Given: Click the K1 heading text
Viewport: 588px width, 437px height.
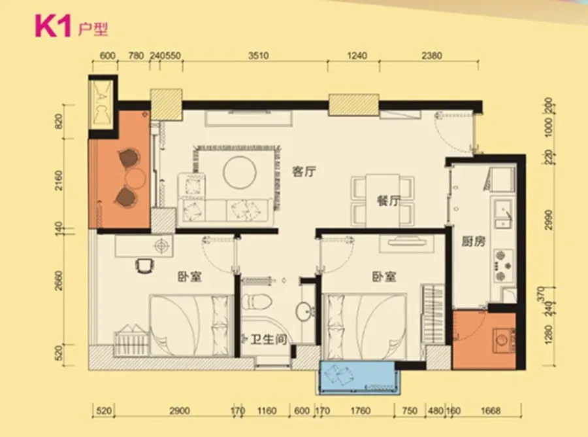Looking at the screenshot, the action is coord(53,26).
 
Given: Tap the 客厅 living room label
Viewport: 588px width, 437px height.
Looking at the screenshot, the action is coord(304,171).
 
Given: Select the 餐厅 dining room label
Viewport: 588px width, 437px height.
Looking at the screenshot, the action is coord(388,201).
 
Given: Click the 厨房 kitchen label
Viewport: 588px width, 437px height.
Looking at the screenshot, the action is coord(473,241).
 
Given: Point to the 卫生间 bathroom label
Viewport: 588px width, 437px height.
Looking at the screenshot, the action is coord(269,340).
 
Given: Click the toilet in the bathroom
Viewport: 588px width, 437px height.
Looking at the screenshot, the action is coord(257,302).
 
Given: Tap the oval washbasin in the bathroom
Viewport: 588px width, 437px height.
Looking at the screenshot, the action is coord(305,311).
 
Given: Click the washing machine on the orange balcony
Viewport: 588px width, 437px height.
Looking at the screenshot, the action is coord(503,340).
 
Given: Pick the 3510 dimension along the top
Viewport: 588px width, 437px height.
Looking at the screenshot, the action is coord(258,56).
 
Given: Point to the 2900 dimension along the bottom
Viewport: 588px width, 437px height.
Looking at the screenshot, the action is coord(179,411).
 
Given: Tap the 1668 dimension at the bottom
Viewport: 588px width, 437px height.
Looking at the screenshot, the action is coord(491,411).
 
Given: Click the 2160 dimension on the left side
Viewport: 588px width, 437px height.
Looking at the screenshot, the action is coord(59,180).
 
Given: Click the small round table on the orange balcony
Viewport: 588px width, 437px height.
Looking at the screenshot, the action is coord(135,178).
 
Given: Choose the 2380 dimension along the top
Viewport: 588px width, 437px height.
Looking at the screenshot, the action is coord(432,56).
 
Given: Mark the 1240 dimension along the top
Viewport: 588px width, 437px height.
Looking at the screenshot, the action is coord(357,56).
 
